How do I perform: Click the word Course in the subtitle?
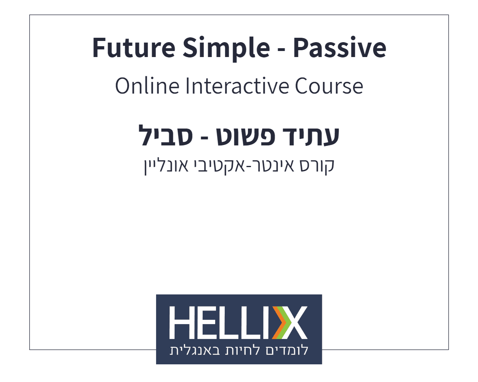point(329,86)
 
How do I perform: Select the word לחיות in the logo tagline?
point(242,351)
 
